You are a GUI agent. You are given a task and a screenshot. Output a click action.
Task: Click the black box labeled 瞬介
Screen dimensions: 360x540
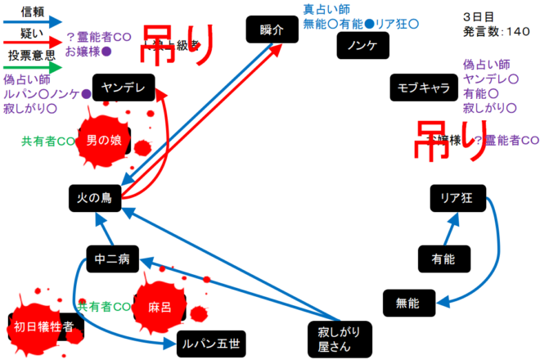(x=269, y=30)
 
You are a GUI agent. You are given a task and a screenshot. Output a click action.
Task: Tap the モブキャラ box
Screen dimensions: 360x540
(x=423, y=89)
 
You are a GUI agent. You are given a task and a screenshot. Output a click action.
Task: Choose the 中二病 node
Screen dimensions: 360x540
(x=112, y=259)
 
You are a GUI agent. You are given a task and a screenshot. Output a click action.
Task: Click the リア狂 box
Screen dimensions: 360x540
(x=457, y=198)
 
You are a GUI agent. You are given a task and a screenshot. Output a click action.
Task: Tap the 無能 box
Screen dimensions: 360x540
(x=407, y=303)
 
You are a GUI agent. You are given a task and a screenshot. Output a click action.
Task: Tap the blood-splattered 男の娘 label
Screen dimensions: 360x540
(x=105, y=141)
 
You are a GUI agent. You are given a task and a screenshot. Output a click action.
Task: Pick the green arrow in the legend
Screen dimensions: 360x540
(x=33, y=70)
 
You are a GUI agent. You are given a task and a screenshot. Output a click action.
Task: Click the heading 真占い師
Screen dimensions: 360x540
(x=326, y=10)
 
